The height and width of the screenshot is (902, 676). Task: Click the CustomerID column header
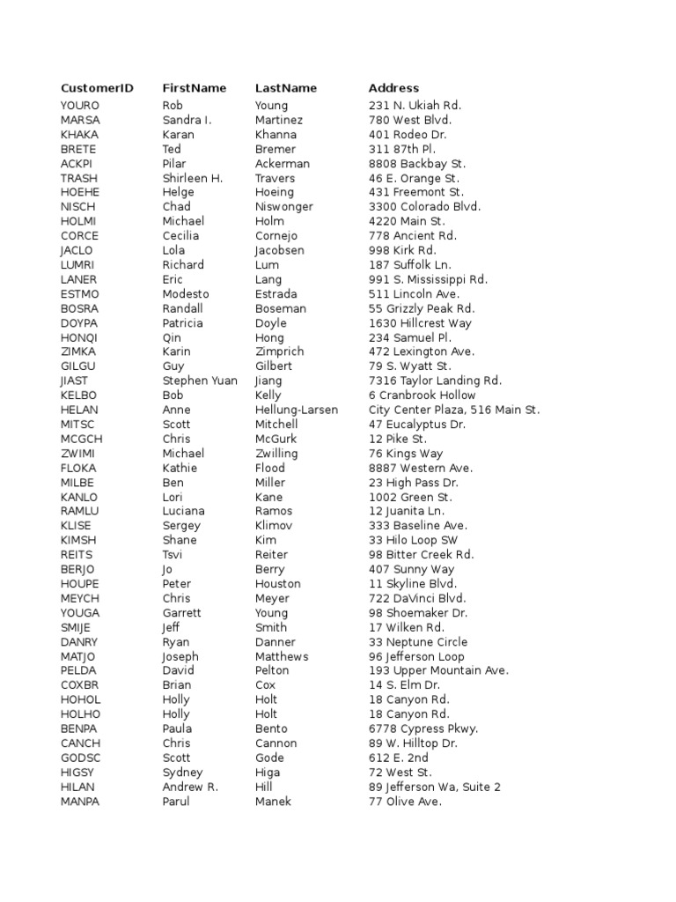pyautogui.click(x=97, y=88)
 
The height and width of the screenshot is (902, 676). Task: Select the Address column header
pyautogui.click(x=393, y=88)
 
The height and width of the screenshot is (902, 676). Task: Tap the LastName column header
pyautogui.click(x=286, y=88)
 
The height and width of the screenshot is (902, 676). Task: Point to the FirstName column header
pyautogui.click(x=195, y=88)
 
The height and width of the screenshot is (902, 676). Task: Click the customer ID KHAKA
pyautogui.click(x=79, y=135)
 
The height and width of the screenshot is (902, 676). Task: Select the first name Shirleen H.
pyautogui.click(x=193, y=178)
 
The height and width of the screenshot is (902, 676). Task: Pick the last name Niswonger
pyautogui.click(x=284, y=207)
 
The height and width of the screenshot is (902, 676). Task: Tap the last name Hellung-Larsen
pyautogui.click(x=297, y=410)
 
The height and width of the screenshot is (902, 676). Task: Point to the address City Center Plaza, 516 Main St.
pyautogui.click(x=454, y=410)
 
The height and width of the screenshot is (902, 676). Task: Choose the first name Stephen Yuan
pyautogui.click(x=200, y=381)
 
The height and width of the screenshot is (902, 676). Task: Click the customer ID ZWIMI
pyautogui.click(x=78, y=454)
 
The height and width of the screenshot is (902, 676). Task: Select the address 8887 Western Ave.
pyautogui.click(x=421, y=468)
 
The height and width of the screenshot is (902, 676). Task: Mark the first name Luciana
pyautogui.click(x=184, y=511)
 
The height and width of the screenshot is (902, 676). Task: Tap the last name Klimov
pyautogui.click(x=274, y=526)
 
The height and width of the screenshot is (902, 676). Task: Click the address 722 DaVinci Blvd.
pyautogui.click(x=417, y=598)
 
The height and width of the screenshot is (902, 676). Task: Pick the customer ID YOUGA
pyautogui.click(x=80, y=613)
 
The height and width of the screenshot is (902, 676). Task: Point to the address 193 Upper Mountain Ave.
pyautogui.click(x=438, y=670)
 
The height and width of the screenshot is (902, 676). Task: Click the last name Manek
pyautogui.click(x=273, y=802)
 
